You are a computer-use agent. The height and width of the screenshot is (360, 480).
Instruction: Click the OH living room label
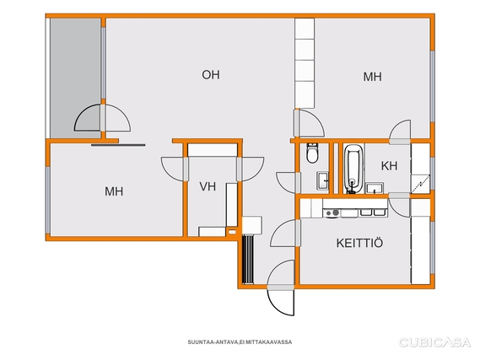click(211, 75)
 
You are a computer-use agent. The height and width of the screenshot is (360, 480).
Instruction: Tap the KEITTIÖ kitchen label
click(359, 243)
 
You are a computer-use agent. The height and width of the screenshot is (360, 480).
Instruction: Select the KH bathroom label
click(389, 166)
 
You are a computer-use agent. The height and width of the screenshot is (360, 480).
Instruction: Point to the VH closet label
click(208, 186)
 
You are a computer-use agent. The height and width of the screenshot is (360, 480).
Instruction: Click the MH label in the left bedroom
click(114, 191)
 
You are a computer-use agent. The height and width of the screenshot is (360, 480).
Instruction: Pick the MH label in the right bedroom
click(372, 77)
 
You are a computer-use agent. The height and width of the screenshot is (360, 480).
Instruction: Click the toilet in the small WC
click(312, 153)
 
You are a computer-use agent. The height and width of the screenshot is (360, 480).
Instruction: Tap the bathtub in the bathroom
click(353, 169)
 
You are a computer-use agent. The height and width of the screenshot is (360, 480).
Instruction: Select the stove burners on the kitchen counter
click(332, 212)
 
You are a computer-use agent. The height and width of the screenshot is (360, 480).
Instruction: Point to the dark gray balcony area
click(75, 78)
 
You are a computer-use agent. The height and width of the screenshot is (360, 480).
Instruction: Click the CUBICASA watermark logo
click(434, 342)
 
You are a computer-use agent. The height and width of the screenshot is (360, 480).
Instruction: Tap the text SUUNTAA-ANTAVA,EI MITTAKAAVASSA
click(240, 342)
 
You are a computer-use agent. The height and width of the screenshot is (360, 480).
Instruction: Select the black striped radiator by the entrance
click(248, 260)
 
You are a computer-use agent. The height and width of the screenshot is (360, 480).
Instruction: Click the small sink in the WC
click(322, 180)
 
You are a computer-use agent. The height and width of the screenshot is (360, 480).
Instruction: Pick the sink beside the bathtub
click(375, 188)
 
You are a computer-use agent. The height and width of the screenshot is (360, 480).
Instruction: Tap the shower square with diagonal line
click(421, 184)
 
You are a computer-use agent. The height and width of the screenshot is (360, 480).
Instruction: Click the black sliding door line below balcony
click(118, 145)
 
